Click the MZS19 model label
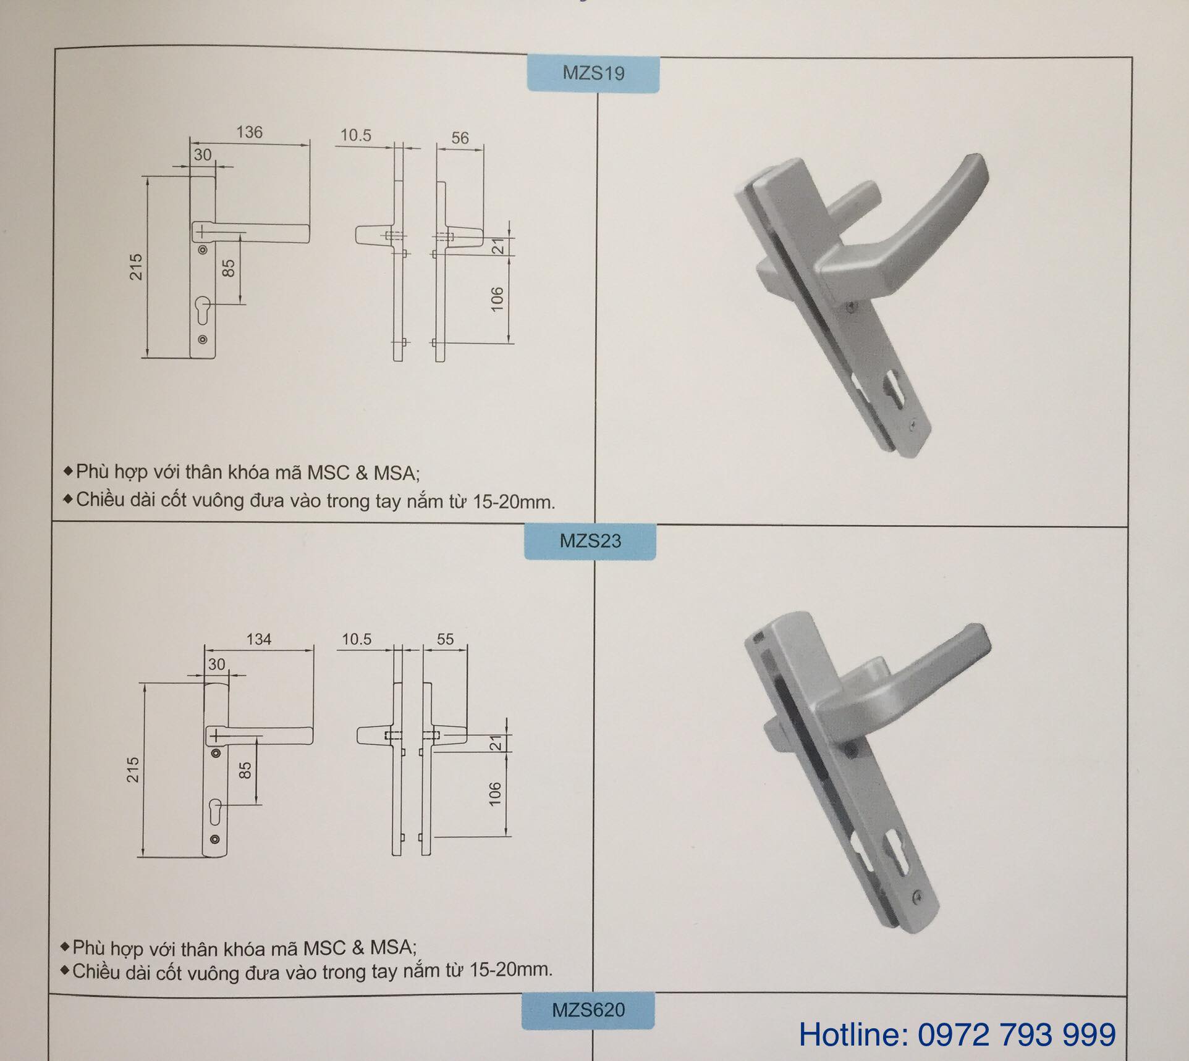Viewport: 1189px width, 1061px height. click(593, 73)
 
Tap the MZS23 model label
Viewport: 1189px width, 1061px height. click(590, 541)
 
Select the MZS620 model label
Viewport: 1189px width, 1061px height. click(588, 1010)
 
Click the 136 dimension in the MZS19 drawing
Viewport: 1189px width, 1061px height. click(249, 132)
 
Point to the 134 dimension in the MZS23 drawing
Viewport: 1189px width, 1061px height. click(258, 639)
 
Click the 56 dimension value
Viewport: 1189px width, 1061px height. click(460, 138)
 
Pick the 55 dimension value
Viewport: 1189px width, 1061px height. click(445, 639)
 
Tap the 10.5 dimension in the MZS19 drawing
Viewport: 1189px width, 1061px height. click(356, 135)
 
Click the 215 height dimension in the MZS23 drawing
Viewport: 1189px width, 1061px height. click(133, 770)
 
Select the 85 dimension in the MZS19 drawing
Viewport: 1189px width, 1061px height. click(228, 268)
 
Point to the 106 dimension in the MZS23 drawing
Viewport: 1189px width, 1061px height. click(495, 794)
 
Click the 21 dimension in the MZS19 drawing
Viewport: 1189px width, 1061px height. click(498, 246)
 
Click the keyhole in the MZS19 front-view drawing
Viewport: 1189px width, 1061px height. click(203, 308)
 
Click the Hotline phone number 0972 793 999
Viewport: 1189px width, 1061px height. click(1017, 1034)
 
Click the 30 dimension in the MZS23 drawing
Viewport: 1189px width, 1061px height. click(216, 665)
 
